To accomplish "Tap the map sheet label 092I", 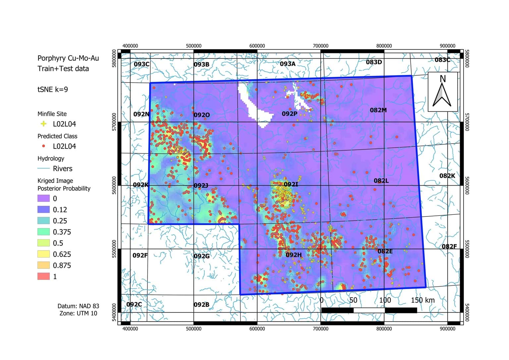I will click(x=291, y=184).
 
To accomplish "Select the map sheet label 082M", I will click(x=378, y=110).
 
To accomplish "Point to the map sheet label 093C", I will click(x=141, y=64).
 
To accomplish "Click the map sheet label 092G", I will click(x=201, y=256).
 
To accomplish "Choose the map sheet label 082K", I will click(x=447, y=176).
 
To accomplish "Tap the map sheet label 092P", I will click(x=289, y=114).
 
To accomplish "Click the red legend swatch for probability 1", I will click(x=43, y=276).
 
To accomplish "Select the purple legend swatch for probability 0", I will click(x=43, y=198).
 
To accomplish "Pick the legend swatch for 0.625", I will click(x=43, y=254).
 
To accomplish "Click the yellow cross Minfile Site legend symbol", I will click(x=43, y=124).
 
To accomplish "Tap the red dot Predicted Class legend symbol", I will click(x=43, y=146).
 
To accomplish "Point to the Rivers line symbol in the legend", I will click(x=43, y=169).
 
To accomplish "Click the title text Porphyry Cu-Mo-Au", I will click(x=68, y=58).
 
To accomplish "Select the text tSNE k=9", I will click(x=53, y=90).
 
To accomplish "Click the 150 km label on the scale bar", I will click(x=423, y=300).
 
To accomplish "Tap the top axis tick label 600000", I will click(x=257, y=46).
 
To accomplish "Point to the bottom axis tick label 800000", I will click(x=384, y=329).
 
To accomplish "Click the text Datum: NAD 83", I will click(x=78, y=306).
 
